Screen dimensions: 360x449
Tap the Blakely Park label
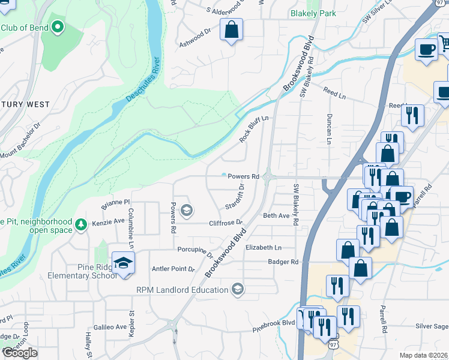pos(313,13)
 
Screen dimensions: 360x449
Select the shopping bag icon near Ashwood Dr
pos(231,29)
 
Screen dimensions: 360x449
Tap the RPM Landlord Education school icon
pos(238,290)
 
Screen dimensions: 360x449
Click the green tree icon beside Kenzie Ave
pos(80,225)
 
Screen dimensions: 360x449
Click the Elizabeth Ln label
pos(263,247)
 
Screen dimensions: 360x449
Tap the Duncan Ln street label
pos(329,129)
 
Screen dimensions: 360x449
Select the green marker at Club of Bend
pos(58,27)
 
